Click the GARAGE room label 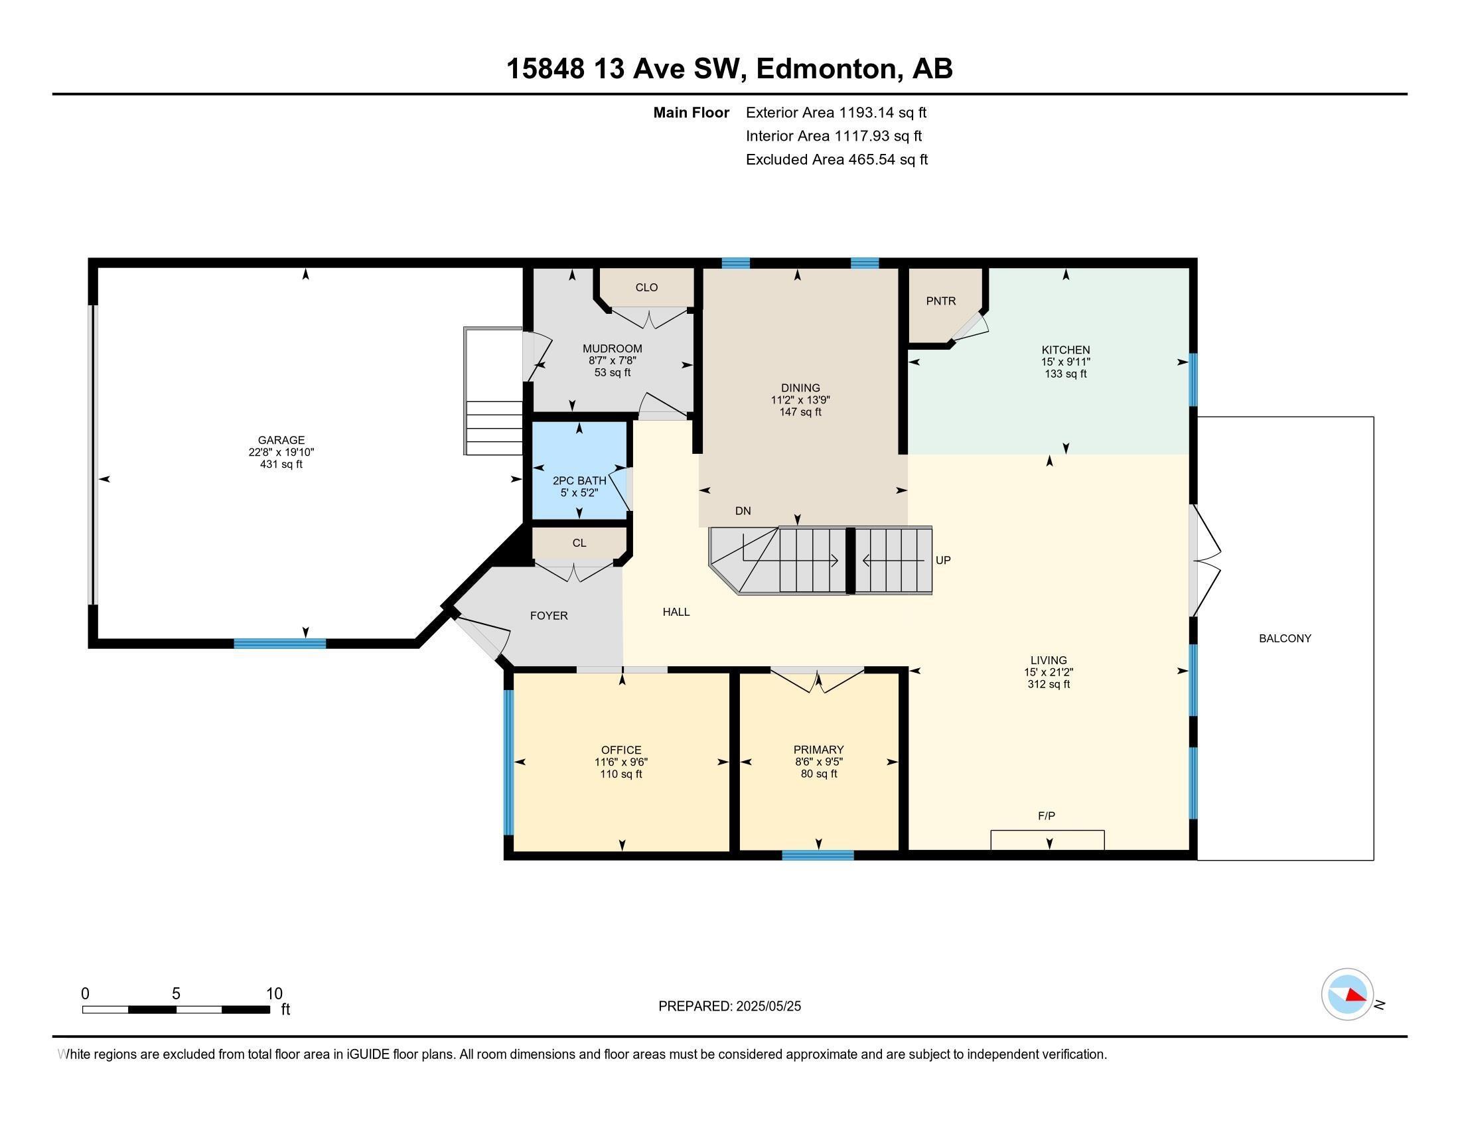281,440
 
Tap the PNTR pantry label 940,301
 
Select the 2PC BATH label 579,480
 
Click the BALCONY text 1284,638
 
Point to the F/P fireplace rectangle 1047,839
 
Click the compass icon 1347,994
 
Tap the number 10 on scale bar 274,993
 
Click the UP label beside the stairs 942,561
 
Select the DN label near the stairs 743,511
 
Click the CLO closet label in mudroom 646,287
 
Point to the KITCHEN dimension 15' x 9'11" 1065,362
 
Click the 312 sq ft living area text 1048,684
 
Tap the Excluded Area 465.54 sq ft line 836,160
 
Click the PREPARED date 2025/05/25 729,1006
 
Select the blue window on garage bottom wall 279,644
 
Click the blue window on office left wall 508,762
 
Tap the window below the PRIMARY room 818,855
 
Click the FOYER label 549,616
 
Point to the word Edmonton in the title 826,69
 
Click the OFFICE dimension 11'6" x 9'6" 620,762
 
